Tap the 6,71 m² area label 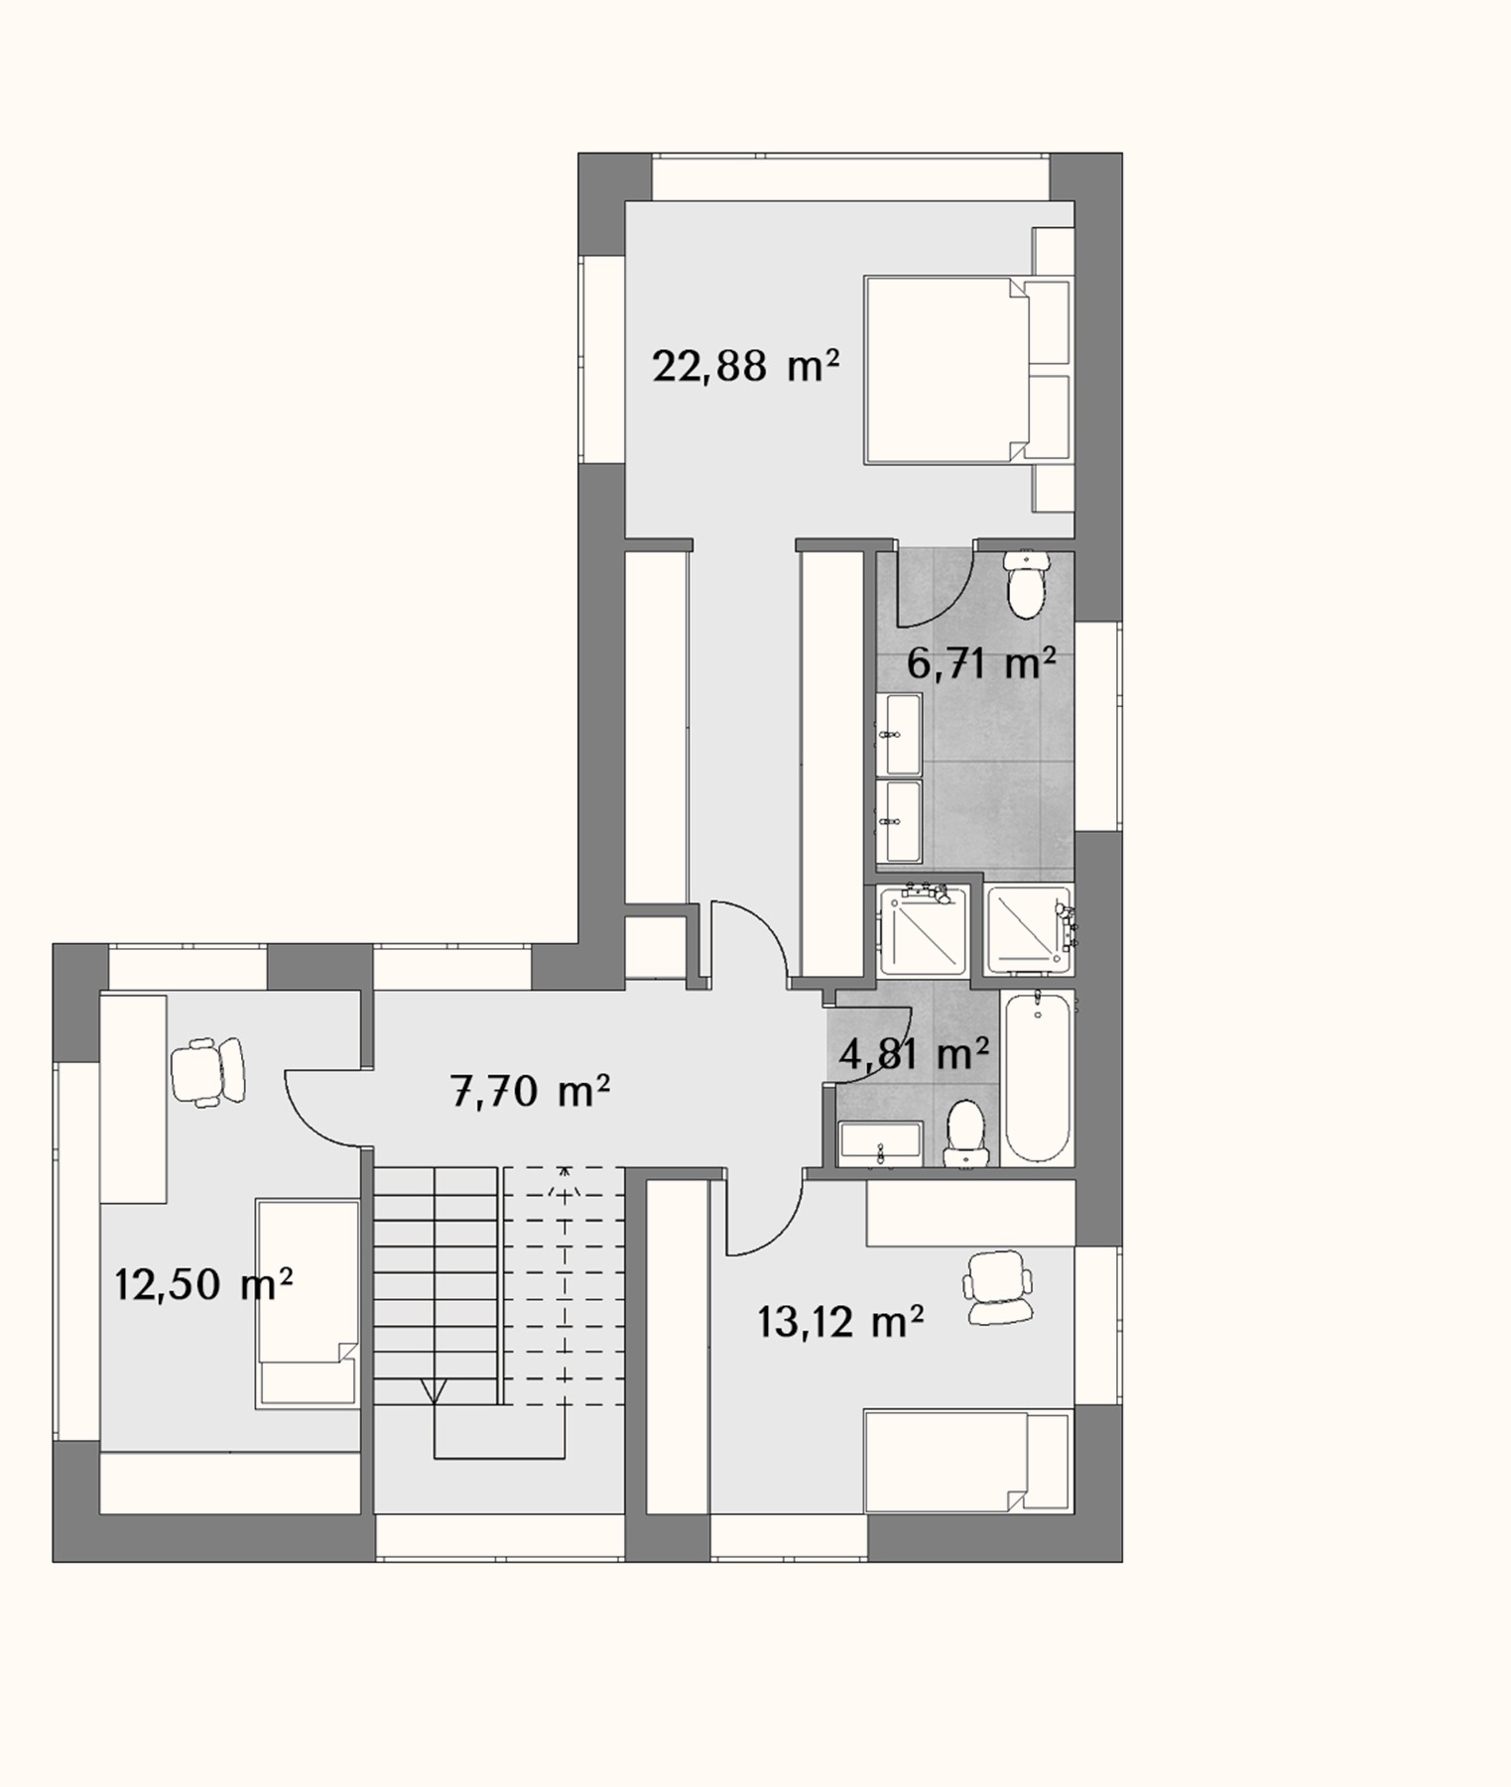point(980,663)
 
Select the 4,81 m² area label point(914,1053)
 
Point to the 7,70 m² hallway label point(530,1092)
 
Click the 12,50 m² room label point(203,1284)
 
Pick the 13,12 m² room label point(841,1321)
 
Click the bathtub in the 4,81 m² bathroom point(1037,1077)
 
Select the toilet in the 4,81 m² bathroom point(965,1132)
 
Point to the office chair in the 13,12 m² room point(998,1286)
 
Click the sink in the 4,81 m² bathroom point(881,1144)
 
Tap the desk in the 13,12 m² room point(970,1213)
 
